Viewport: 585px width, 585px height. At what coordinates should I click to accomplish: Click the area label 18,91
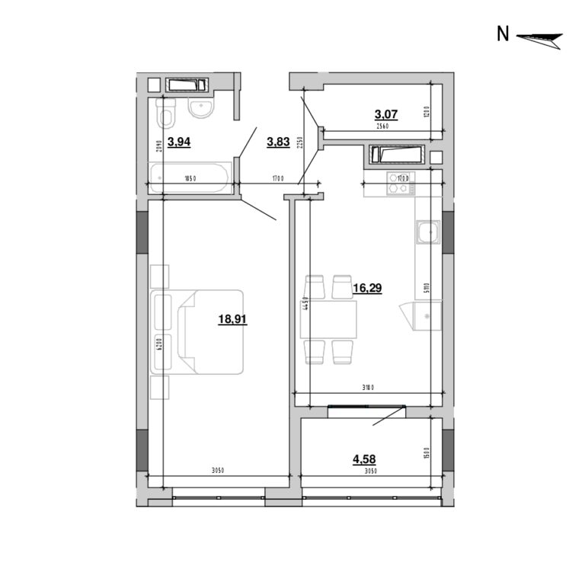coord(232,320)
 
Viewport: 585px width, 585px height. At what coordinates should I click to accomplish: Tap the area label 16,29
coord(367,288)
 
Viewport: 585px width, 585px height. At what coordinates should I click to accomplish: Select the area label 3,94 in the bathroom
coord(179,142)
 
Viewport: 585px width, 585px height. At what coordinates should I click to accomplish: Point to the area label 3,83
coord(278,141)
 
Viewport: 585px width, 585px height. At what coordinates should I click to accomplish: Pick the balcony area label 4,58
coord(364,459)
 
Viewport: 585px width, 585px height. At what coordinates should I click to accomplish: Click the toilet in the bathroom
coord(165,115)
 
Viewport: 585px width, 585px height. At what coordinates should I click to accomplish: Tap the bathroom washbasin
coord(201,109)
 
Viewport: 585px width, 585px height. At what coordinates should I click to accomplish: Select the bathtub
coord(190,177)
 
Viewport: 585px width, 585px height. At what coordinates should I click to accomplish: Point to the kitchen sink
coord(427,232)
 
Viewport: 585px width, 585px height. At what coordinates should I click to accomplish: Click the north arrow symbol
coord(539,37)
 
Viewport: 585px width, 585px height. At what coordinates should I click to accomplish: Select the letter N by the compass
coord(502,34)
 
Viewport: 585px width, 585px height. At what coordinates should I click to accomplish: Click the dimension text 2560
coord(382,127)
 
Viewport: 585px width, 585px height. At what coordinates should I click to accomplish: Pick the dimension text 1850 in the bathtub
coord(190,179)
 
